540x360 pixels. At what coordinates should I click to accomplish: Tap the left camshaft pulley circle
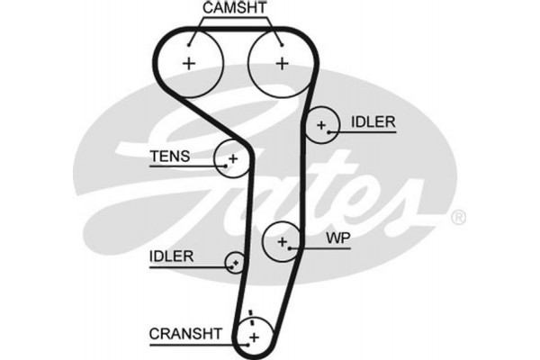(191, 63)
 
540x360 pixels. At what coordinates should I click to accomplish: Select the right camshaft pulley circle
(281, 63)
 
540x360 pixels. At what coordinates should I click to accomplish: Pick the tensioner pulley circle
(232, 158)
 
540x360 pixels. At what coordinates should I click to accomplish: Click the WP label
(337, 240)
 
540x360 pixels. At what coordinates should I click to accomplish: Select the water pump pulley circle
(283, 241)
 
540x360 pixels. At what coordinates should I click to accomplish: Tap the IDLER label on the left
(171, 256)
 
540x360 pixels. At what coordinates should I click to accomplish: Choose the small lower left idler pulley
(236, 262)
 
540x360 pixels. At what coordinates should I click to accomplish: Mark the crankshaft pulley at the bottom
(253, 335)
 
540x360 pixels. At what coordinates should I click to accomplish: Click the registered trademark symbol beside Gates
(457, 217)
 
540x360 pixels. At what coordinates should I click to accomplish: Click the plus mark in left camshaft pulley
(189, 63)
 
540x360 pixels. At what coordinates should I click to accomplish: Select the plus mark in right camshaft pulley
(283, 63)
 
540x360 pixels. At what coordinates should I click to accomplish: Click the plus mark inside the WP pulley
(283, 241)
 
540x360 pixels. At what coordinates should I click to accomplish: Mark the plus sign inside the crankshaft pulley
(253, 337)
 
